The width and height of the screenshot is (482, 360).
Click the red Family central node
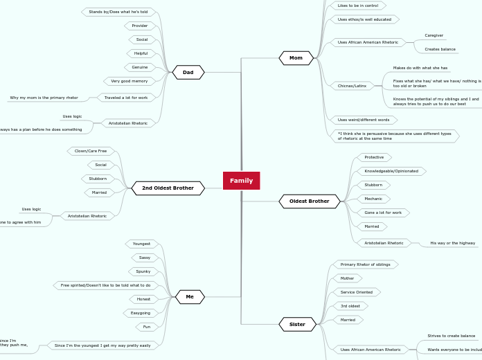241,181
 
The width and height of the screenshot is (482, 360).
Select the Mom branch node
296,58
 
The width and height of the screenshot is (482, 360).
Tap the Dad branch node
188,72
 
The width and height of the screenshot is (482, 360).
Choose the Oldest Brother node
309,201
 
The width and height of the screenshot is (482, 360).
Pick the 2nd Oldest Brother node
168,188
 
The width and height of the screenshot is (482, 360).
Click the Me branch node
189,297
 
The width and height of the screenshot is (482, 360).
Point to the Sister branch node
297,324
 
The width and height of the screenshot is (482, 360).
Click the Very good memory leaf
130,81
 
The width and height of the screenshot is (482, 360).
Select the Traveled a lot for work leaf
126,98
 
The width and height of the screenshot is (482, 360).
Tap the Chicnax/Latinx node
352,86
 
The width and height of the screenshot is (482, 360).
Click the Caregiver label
434,35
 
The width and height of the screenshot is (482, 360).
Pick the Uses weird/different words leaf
364,120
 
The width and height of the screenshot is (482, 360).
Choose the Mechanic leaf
373,199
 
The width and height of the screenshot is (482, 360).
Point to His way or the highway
453,243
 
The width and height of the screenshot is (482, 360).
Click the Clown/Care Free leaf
91,151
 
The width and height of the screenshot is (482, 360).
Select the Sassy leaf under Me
145,258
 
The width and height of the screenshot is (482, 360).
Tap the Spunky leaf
143,271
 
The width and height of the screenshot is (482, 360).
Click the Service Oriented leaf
357,292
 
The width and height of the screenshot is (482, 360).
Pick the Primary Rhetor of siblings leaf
365,264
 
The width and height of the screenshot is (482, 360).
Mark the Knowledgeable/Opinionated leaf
391,171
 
